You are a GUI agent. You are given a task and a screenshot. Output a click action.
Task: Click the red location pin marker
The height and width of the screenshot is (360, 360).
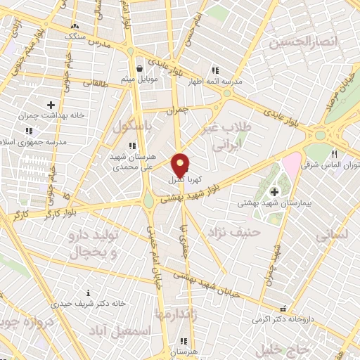point(181,165)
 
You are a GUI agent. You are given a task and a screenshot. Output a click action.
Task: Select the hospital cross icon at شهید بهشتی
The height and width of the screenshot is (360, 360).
point(274,191)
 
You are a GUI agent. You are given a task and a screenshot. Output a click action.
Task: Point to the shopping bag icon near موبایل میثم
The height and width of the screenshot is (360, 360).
point(141,69)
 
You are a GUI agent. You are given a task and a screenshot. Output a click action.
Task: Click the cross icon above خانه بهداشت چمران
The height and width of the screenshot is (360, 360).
point(51,105)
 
